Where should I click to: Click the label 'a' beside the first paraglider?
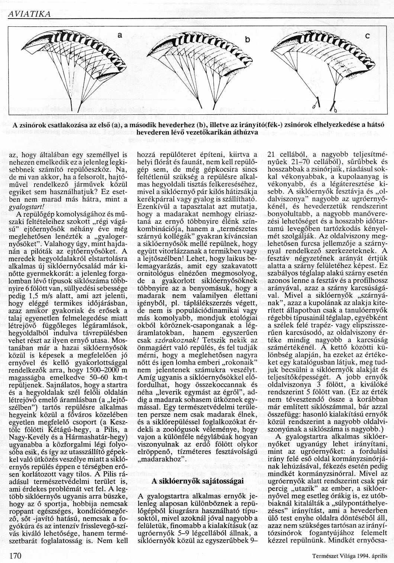tap(120, 36)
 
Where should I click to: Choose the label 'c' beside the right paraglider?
tap(367, 36)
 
